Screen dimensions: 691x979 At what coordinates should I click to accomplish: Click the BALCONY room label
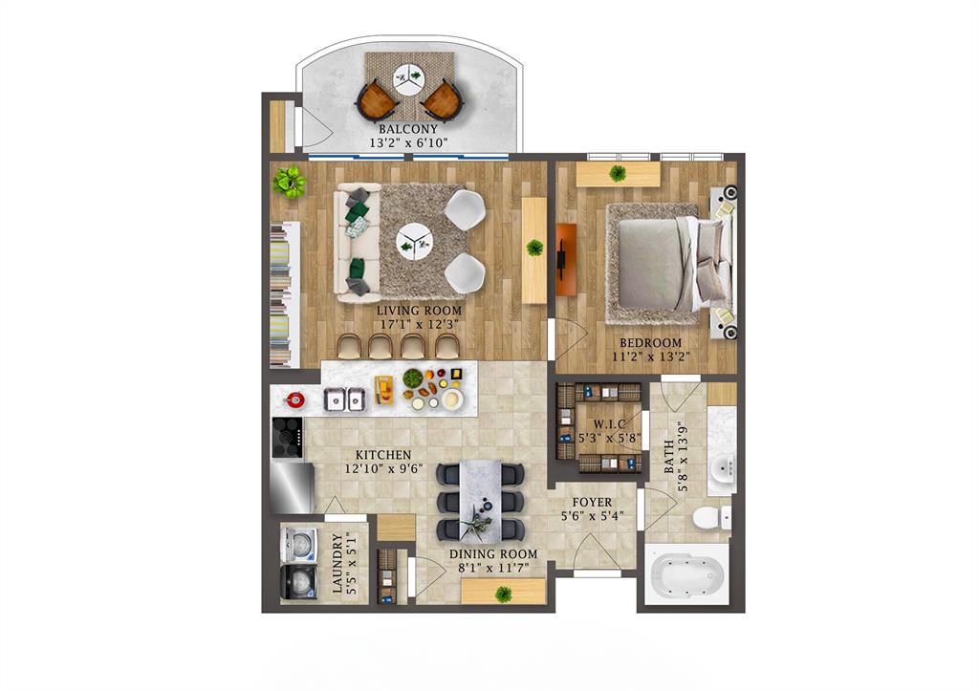[x=408, y=129]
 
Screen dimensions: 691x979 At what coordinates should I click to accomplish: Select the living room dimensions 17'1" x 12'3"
[x=418, y=324]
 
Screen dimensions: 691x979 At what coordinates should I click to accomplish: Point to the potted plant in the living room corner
[x=289, y=181]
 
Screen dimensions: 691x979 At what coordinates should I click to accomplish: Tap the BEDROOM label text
[x=650, y=343]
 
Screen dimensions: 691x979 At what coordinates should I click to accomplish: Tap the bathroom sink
[x=722, y=468]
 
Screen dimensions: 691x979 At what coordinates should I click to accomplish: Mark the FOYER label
[x=592, y=503]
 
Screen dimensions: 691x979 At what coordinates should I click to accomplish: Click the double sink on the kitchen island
[x=344, y=398]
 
